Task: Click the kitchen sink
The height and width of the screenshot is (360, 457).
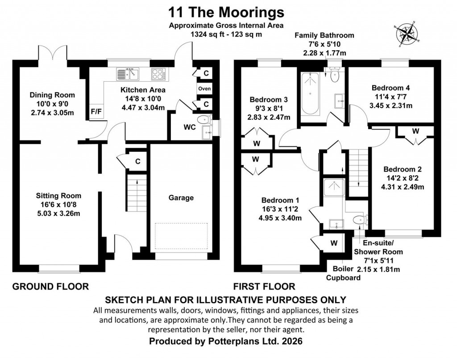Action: tap(128, 73)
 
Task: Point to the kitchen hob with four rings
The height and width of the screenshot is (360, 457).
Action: tap(158, 73)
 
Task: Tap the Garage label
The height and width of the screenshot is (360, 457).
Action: tap(181, 198)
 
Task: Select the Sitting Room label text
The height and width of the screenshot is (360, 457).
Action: tap(59, 195)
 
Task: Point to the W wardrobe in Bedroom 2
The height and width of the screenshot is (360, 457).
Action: tap(415, 131)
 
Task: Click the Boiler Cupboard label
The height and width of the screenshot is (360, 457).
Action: tap(346, 273)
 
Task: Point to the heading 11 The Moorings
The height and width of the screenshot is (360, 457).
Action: tap(226, 11)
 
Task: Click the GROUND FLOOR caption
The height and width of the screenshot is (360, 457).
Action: tap(50, 286)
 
